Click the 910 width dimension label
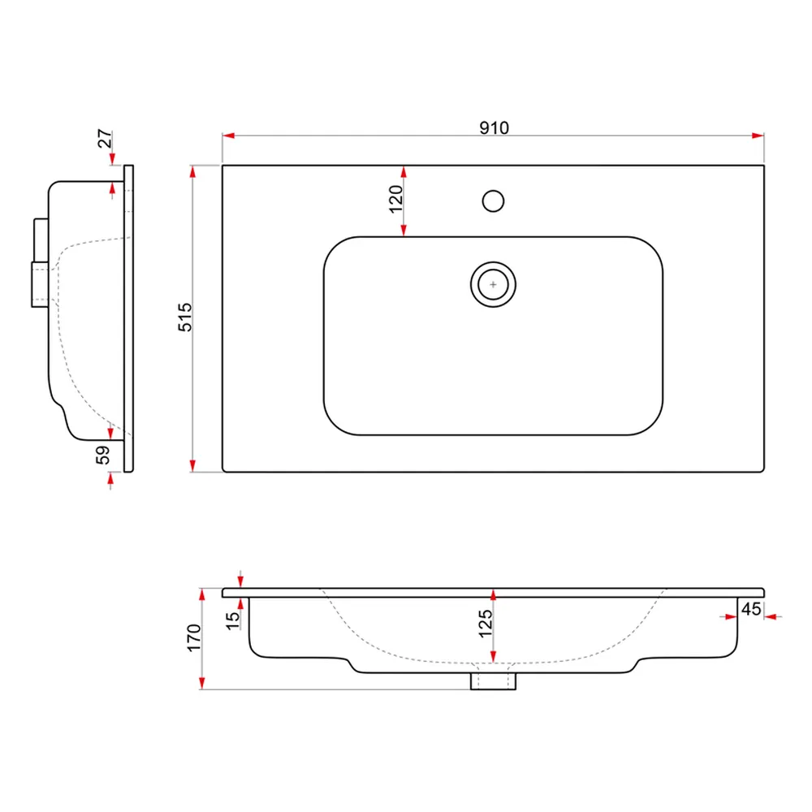click(x=493, y=128)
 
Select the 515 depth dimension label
click(x=185, y=318)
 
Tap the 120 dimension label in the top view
click(x=395, y=199)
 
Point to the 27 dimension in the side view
click(x=105, y=140)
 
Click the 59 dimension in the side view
click(x=103, y=456)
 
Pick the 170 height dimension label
click(x=194, y=639)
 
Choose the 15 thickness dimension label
click(x=233, y=620)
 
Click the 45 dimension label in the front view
click(x=751, y=608)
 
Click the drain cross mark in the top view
click(x=493, y=284)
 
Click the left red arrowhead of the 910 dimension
click(x=228, y=136)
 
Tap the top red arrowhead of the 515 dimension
click(x=192, y=171)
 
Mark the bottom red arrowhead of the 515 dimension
click(x=192, y=465)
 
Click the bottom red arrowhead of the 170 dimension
click(x=202, y=684)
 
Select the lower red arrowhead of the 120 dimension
click(x=404, y=231)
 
